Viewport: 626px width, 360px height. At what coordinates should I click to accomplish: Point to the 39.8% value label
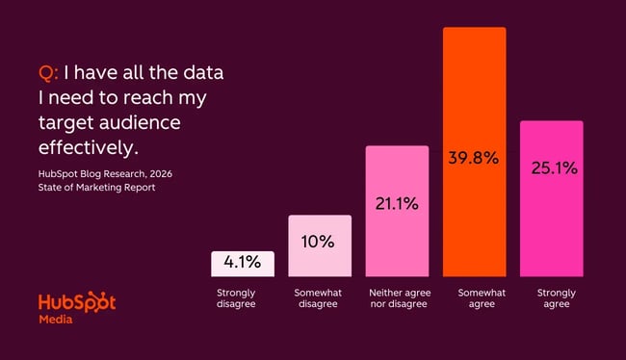pos(474,158)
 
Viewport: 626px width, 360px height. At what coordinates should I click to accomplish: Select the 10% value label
pos(320,241)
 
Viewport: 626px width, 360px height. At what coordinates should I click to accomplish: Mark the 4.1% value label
pos(243,263)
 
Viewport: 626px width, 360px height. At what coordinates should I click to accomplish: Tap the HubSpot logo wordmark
pos(77,303)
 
